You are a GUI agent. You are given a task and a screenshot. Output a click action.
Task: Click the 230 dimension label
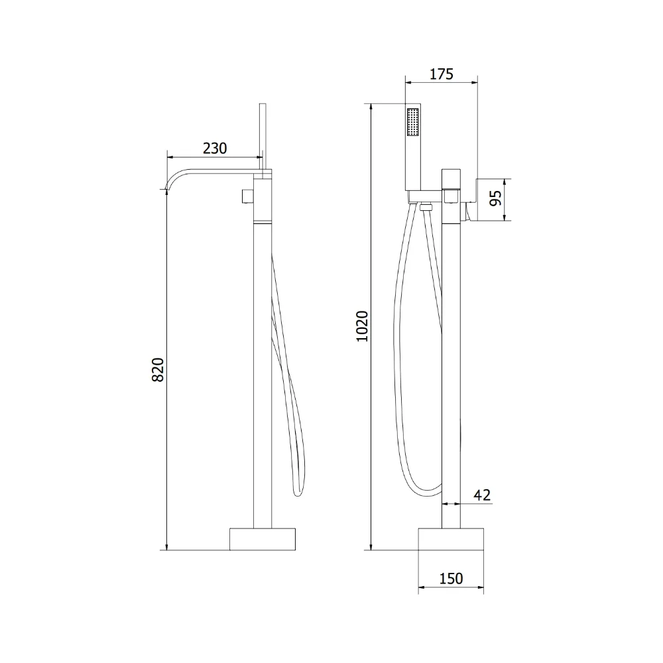(x=215, y=149)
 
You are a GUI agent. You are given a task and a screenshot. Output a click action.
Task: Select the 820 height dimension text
(x=158, y=370)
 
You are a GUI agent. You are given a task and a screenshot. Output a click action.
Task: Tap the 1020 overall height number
(x=362, y=326)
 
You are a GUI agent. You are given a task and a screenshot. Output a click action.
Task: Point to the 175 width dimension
(x=442, y=74)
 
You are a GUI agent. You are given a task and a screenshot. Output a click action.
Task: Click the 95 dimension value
(x=495, y=198)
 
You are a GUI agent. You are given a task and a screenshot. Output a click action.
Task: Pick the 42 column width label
(x=482, y=495)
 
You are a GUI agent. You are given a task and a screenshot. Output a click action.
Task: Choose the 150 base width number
(x=451, y=578)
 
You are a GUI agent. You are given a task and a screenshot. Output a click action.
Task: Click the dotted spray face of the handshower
(x=412, y=122)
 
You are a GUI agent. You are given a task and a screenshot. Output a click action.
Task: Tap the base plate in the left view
(x=262, y=539)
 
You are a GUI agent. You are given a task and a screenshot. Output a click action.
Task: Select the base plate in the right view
(x=451, y=539)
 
